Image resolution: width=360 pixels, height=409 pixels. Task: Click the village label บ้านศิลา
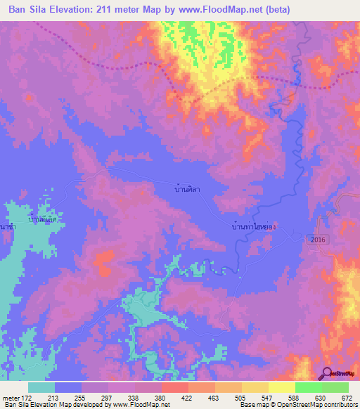(186, 190)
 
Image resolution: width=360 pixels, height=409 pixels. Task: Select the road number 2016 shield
(316, 240)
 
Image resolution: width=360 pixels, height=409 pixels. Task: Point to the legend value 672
(346, 398)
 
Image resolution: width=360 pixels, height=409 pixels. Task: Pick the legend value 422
(188, 398)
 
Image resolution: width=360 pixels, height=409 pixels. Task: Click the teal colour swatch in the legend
(41, 387)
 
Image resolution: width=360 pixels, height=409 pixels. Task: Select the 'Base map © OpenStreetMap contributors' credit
(298, 405)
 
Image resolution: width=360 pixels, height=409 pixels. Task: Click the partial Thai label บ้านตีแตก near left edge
(41, 219)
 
